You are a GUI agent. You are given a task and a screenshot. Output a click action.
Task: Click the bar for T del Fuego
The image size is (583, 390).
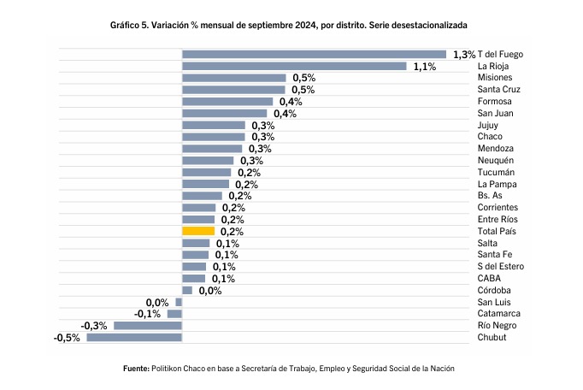[x=314, y=54]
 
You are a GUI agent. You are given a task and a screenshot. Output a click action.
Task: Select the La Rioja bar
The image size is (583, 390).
[x=294, y=66]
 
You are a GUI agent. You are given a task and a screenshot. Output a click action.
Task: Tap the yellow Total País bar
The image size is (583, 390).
[x=198, y=231]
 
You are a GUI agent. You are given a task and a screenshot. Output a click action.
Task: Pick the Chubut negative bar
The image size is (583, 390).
[x=134, y=337]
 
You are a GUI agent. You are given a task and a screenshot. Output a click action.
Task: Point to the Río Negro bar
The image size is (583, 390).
[x=148, y=326]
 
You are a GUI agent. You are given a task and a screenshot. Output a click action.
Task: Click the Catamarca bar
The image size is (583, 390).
[x=174, y=314]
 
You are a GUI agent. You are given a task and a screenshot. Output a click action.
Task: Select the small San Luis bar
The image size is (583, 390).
[x=179, y=302]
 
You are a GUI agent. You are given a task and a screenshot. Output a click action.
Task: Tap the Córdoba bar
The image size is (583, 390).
[x=187, y=290]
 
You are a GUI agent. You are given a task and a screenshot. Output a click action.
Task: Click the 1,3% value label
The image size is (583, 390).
[x=464, y=54]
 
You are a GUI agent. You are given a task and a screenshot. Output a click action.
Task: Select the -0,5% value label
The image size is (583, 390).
[x=67, y=338]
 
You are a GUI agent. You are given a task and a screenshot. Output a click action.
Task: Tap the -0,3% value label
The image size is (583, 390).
[x=94, y=326]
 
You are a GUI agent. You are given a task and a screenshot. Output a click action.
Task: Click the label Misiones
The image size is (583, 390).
[x=497, y=78]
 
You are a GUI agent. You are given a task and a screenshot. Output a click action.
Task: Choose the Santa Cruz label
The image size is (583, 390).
[x=501, y=90]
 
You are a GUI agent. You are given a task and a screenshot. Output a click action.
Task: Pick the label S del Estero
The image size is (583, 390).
[x=501, y=266]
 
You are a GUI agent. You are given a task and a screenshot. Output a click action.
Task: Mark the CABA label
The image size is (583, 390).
[x=490, y=278]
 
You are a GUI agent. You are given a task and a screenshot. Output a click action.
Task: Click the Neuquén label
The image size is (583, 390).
[x=496, y=161]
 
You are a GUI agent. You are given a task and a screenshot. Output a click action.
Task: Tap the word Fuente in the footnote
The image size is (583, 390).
[x=136, y=368]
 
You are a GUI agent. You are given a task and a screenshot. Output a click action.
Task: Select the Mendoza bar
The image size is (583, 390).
[x=213, y=149]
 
